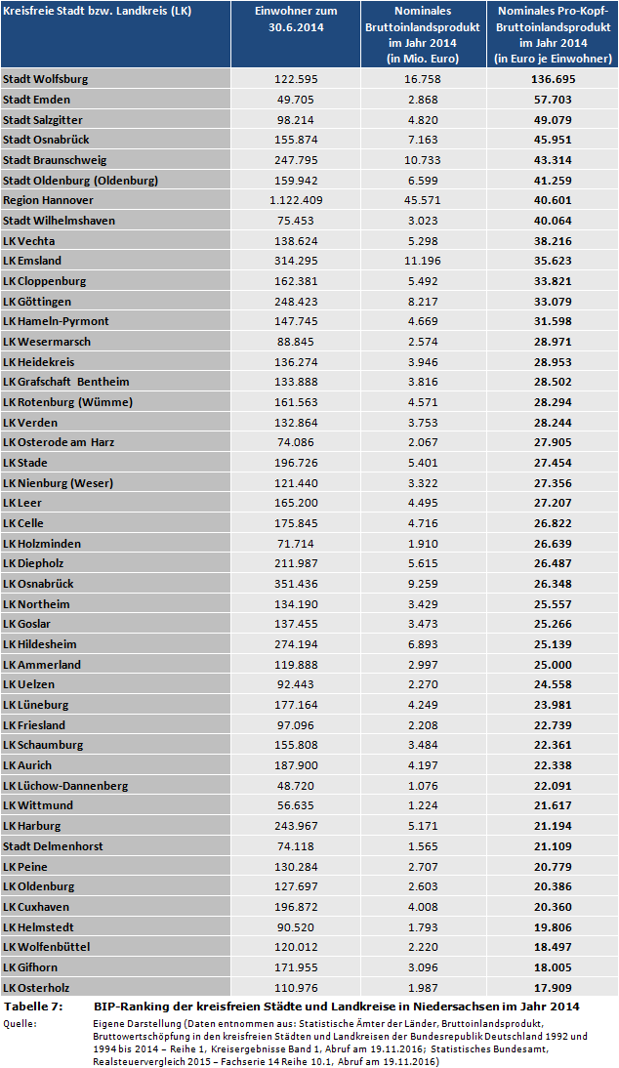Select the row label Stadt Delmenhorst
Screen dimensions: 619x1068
point(53,846)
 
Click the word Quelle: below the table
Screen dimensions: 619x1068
point(21,1023)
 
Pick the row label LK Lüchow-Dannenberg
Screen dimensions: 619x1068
point(65,786)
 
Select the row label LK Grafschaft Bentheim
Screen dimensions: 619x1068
point(66,382)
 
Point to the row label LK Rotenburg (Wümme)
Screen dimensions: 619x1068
point(68,402)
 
